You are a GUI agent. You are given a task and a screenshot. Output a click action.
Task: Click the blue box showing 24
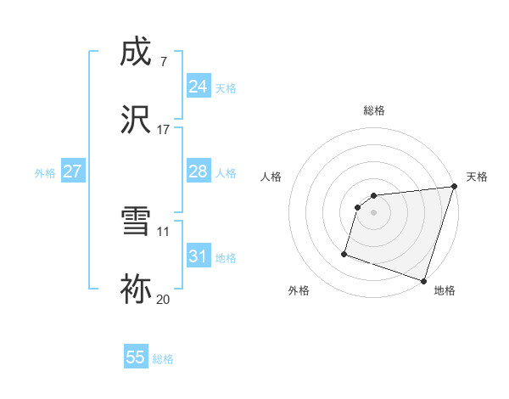198,87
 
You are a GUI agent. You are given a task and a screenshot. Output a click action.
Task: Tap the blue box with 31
198,256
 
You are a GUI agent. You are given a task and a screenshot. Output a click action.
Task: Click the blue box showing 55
136,357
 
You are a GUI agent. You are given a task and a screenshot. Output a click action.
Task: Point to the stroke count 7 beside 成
163,62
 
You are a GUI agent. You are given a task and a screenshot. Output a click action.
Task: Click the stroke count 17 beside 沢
164,130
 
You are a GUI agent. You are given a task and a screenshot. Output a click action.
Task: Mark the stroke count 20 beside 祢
164,298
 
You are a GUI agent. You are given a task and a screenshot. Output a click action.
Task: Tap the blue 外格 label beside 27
45,173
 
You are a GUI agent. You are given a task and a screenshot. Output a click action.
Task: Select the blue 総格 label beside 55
163,359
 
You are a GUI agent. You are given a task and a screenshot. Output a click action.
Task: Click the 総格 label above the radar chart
373,110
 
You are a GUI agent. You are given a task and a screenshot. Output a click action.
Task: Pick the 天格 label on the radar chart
477,177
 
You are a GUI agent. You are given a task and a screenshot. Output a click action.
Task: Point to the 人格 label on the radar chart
271,177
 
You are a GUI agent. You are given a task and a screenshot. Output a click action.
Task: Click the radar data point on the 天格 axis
454,187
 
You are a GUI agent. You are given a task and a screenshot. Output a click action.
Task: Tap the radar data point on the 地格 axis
423,280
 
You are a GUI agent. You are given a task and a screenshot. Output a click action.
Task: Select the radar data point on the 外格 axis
344,253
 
